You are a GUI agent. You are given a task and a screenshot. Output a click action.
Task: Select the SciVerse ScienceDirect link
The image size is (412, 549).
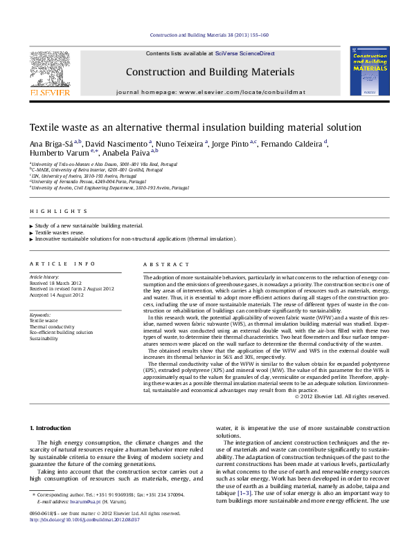tap(244, 53)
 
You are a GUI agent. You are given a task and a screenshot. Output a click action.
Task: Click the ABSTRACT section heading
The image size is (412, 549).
tap(166, 264)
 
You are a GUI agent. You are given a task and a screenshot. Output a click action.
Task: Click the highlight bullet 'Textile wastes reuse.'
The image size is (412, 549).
tap(59, 232)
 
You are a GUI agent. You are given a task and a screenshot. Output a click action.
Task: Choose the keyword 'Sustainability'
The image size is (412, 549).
tap(48, 338)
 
